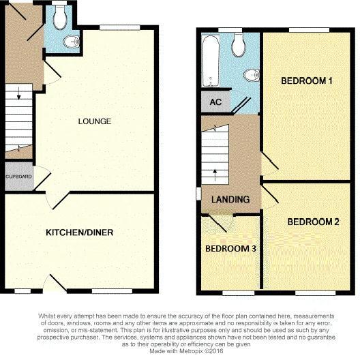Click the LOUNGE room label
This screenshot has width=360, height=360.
pos(95,121)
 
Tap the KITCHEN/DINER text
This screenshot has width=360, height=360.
pos(79,232)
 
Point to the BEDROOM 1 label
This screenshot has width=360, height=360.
pos(307,81)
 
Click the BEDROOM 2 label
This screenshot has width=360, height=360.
pos(313,222)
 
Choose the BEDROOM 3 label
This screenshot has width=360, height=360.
pos(231,248)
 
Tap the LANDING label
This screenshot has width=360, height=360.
pos(230,200)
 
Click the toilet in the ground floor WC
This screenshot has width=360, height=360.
pos(59,18)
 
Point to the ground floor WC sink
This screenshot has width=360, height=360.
pos(71,42)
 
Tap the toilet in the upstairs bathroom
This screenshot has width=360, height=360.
pos(239,45)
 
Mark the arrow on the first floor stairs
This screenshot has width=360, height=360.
pos(216,170)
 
